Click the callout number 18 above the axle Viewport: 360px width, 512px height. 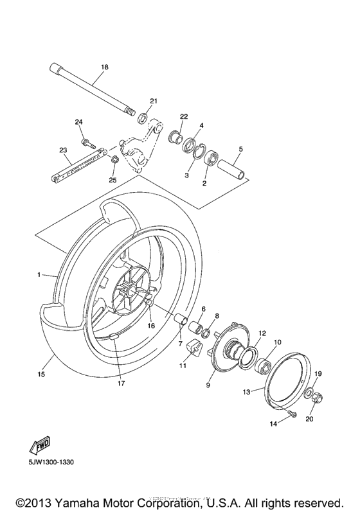(105, 67)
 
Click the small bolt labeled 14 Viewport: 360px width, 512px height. (292, 415)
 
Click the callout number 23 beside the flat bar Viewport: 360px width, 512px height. (63, 150)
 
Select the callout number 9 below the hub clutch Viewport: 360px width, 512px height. (208, 385)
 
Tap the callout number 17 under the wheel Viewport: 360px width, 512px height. (121, 384)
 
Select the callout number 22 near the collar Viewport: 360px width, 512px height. (183, 116)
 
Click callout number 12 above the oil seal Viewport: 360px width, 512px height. (262, 333)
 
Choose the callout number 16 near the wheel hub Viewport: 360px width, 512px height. (151, 326)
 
